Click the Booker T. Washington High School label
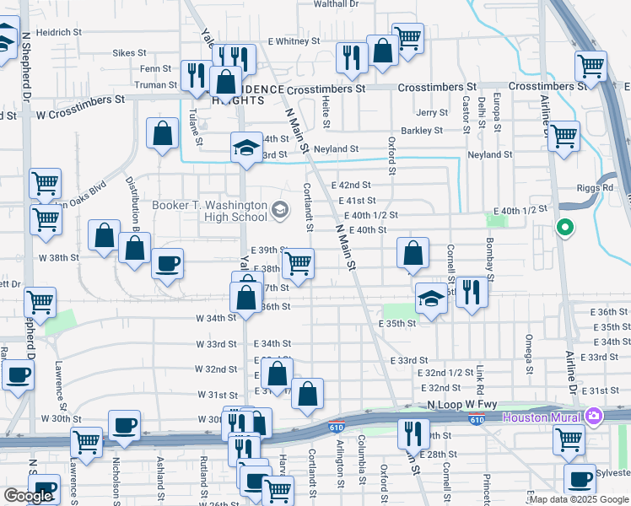coord(209,211)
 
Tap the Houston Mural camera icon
coord(594,417)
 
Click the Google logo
coord(27,496)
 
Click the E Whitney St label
coord(294,40)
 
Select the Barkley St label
coord(422,131)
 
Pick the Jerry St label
coord(431,112)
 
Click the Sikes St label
coord(129,52)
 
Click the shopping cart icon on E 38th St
coord(298,263)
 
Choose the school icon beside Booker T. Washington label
coord(280,209)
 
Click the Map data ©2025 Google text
coord(578,498)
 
